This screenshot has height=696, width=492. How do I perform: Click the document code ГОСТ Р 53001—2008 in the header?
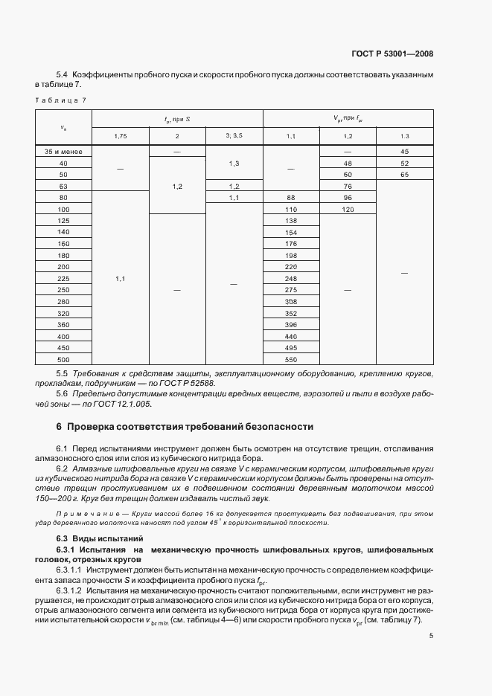tap(392, 54)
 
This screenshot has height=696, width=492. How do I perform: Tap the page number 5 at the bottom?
tap(432, 636)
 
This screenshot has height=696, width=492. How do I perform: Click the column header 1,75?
tap(120, 136)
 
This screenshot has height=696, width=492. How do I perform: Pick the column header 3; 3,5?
tap(234, 136)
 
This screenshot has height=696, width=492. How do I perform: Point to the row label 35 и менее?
tap(63, 151)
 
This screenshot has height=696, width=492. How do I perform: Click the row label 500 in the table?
tap(63, 359)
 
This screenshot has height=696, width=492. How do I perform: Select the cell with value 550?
tap(291, 359)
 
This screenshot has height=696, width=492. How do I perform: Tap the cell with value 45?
tap(404, 151)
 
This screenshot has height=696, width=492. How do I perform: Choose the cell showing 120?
tap(348, 209)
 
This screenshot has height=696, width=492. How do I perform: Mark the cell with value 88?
tap(291, 197)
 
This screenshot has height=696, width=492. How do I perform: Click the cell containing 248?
tap(291, 278)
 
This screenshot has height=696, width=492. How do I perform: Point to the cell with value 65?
tap(404, 174)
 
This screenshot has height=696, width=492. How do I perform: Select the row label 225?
tap(63, 278)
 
